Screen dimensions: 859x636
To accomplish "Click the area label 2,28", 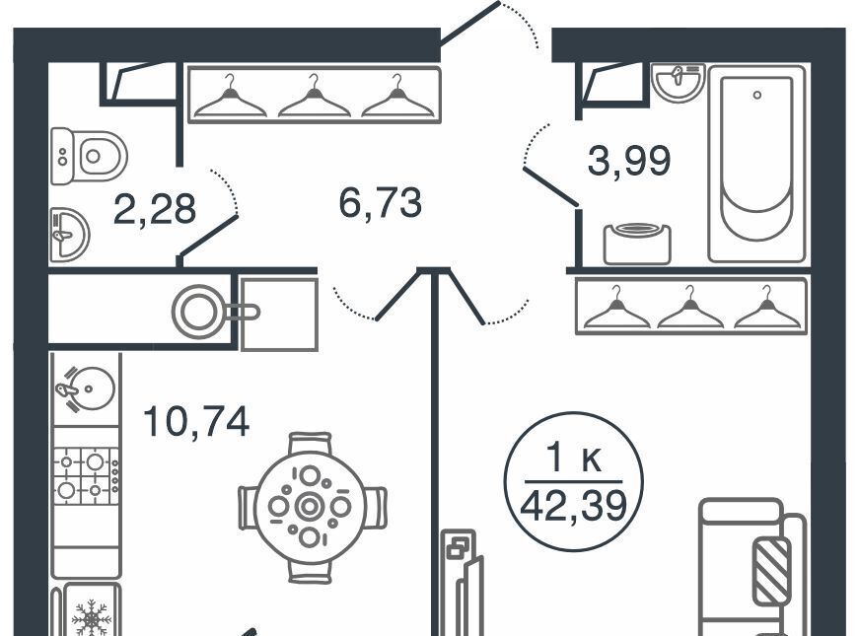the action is click(x=155, y=209).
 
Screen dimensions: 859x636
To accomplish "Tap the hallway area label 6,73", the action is click(x=381, y=203).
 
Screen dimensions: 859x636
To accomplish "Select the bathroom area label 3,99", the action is click(x=629, y=161).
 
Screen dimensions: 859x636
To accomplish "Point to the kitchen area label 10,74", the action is click(x=196, y=421).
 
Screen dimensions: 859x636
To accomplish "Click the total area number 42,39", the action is click(x=574, y=506).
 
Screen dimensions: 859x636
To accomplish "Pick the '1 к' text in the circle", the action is click(x=575, y=459).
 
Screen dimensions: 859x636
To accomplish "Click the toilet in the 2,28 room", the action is click(x=89, y=156).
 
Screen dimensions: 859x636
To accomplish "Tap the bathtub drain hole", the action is click(x=756, y=95).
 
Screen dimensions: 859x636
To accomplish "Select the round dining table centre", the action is click(x=310, y=507).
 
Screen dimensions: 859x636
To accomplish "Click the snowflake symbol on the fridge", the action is click(x=92, y=617).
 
